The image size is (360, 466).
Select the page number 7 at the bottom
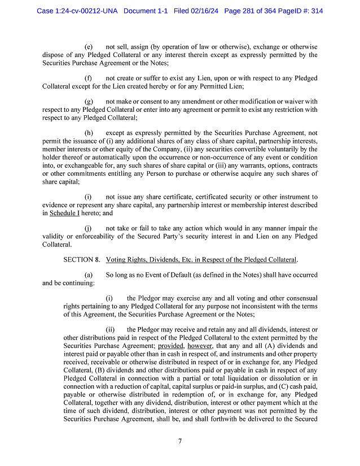[179, 441]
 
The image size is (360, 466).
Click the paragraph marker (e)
[89, 46]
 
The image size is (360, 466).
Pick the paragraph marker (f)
[89, 77]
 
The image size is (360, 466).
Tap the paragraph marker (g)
[89, 101]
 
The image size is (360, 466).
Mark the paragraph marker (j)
[89, 228]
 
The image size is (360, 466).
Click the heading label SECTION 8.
[82, 260]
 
